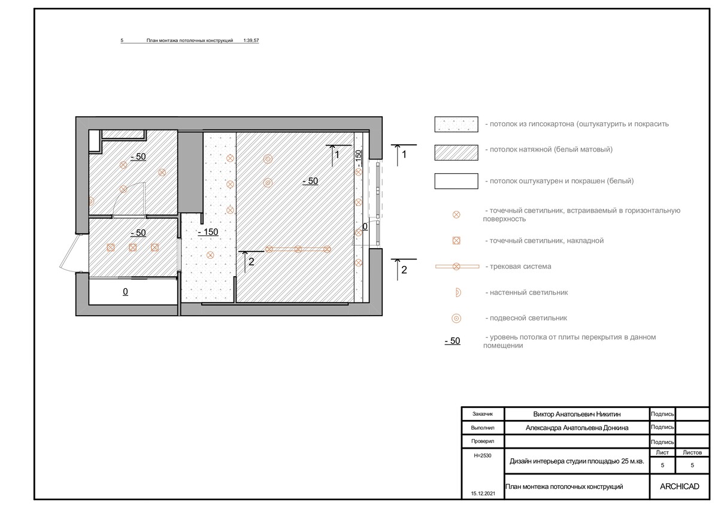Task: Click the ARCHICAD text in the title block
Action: click(679, 486)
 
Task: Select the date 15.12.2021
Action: click(483, 494)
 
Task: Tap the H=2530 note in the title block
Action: click(483, 455)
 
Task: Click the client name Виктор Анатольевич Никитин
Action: click(577, 414)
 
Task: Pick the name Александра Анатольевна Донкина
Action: click(577, 428)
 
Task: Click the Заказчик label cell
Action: click(483, 414)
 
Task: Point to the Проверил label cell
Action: click(483, 442)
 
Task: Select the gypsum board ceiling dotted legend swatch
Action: click(456, 124)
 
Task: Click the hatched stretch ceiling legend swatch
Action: click(456, 153)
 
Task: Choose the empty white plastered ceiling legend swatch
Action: click(456, 181)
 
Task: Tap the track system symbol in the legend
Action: click(456, 267)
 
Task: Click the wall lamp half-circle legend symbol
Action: click(458, 292)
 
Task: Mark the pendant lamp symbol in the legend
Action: click(456, 318)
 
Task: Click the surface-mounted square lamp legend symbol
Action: click(456, 240)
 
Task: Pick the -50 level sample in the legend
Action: click(452, 341)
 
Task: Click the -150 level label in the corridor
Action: click(208, 232)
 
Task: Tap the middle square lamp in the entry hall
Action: click(133, 247)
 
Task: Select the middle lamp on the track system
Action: click(298, 249)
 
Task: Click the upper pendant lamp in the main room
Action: click(268, 159)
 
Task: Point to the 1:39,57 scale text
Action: click(252, 40)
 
